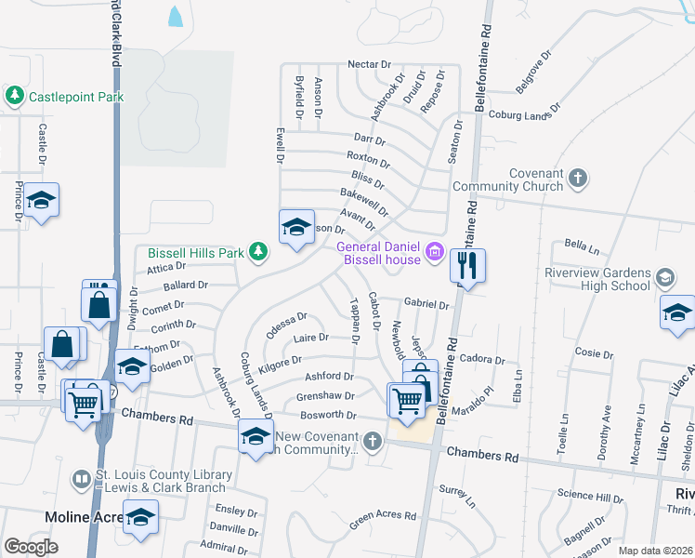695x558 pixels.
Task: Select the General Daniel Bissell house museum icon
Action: coord(433,252)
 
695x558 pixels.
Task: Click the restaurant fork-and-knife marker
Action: coord(467,266)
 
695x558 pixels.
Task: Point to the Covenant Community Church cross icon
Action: coord(577,178)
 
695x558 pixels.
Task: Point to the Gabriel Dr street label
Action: coord(426,304)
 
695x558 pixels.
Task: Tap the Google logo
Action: coord(31,547)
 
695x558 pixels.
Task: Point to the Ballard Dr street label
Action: coord(186,286)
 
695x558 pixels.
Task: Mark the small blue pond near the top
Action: coord(174,16)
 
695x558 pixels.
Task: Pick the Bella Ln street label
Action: coord(582,246)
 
